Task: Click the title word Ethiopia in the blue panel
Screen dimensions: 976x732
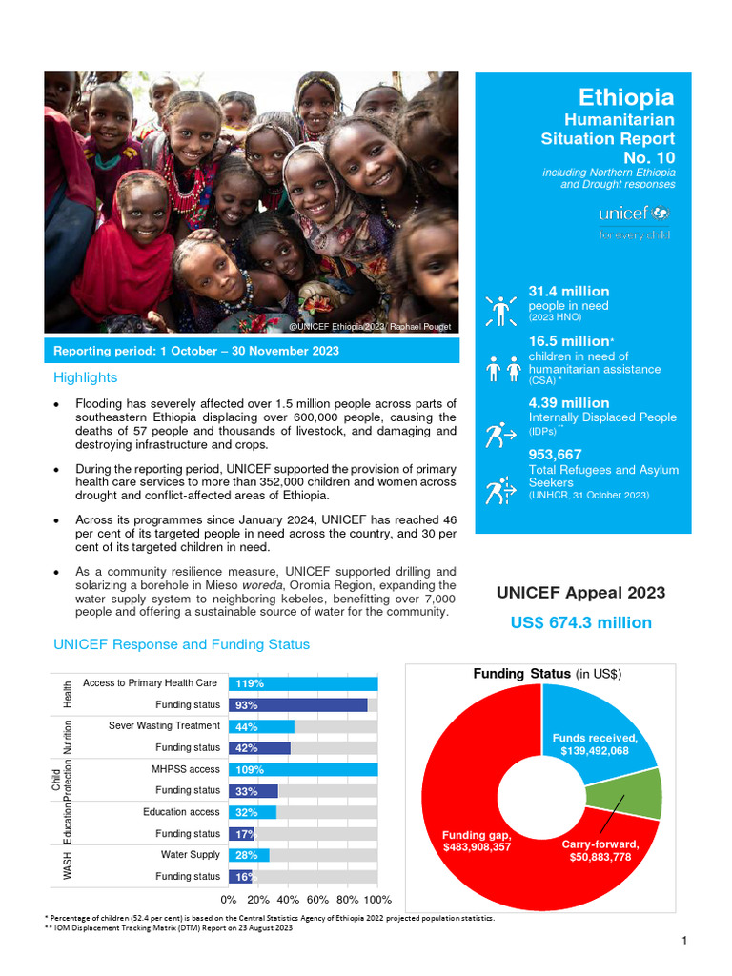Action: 626,97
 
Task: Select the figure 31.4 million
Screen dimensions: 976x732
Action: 569,292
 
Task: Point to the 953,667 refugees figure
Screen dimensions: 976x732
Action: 556,455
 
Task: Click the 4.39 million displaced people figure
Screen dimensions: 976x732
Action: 569,403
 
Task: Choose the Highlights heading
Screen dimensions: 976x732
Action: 86,377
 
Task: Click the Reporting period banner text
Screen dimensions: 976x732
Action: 196,351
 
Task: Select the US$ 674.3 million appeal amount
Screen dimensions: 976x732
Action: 581,622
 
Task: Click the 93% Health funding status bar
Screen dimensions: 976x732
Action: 297,705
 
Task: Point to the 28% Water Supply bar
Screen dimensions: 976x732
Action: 248,855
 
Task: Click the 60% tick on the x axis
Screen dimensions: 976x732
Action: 317,899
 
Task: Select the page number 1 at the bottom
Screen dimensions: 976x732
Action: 684,942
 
